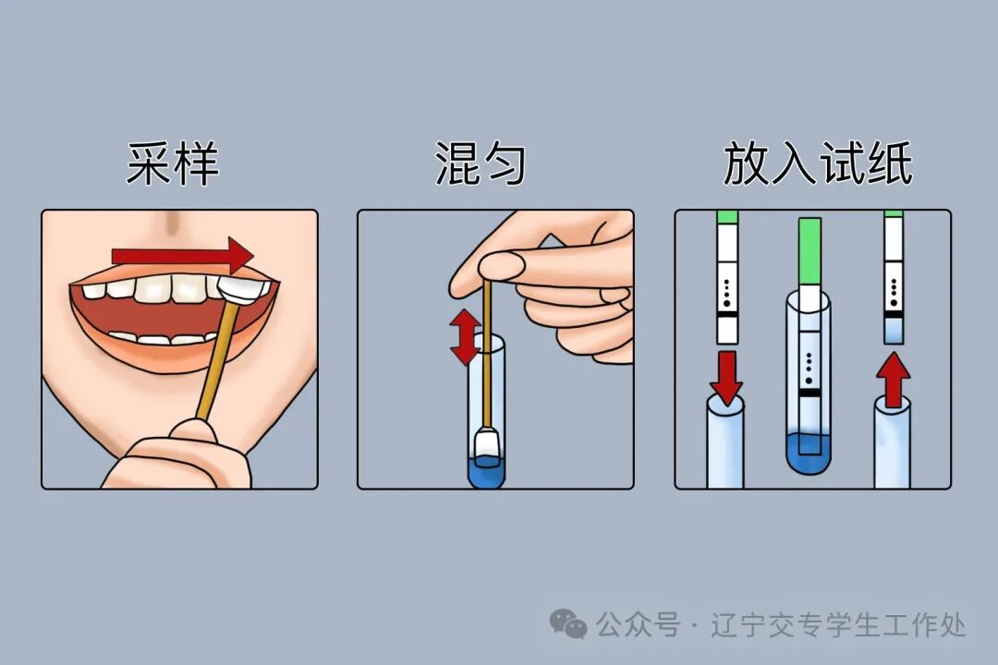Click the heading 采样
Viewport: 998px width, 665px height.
[x=173, y=165]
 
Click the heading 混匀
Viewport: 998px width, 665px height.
[x=481, y=165]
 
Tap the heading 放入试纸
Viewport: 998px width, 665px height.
[x=817, y=165]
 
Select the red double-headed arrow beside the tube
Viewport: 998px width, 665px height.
[x=465, y=337]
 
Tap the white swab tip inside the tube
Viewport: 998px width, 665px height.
[x=486, y=445]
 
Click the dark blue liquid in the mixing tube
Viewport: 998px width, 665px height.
[x=486, y=473]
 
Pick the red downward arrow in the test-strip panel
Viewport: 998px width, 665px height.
[x=728, y=375]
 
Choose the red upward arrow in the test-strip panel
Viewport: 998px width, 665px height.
[x=893, y=379]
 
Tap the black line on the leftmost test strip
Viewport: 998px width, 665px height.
[x=728, y=314]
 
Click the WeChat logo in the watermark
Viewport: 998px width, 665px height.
[x=568, y=624]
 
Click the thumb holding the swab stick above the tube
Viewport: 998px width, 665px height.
[x=485, y=265]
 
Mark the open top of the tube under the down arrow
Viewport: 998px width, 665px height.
[x=726, y=407]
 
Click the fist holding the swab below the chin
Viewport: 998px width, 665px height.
[x=180, y=457]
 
